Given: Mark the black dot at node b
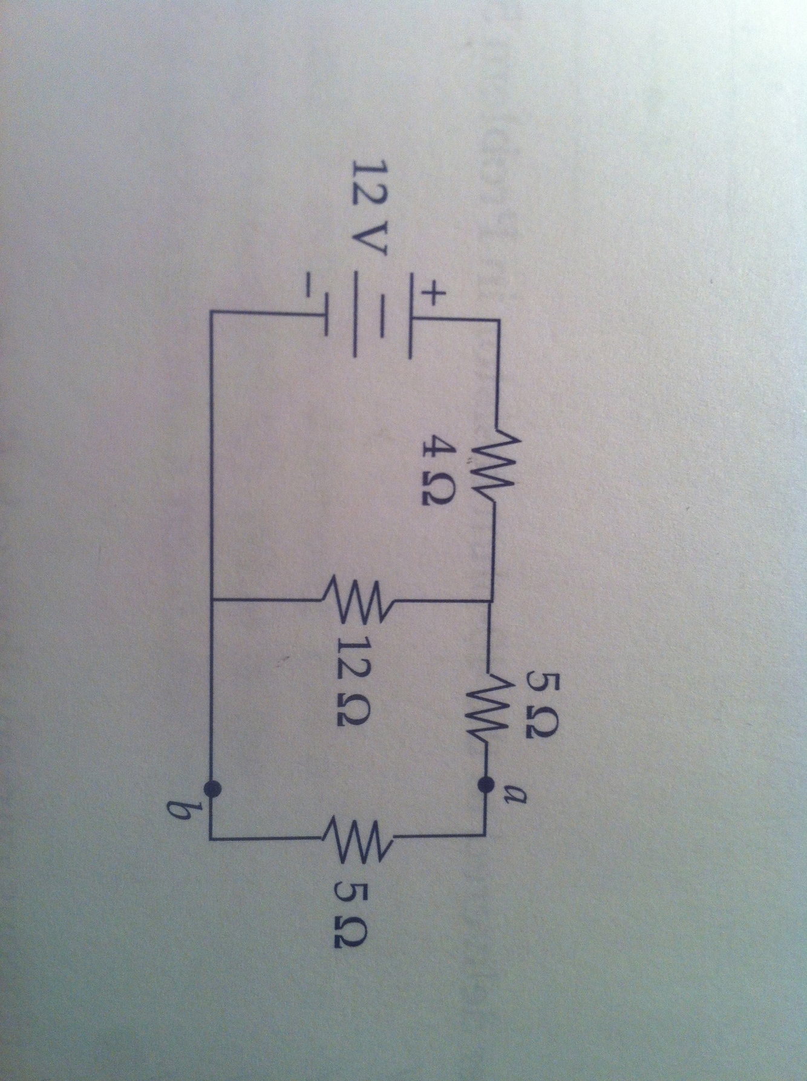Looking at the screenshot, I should coord(211,787).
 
